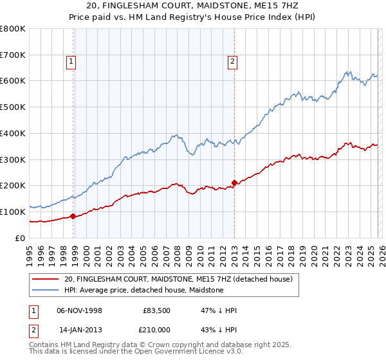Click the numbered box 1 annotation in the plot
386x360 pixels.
[71, 62]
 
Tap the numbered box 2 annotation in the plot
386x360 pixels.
[232, 62]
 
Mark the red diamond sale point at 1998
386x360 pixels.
[73, 216]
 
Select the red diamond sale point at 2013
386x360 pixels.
[234, 183]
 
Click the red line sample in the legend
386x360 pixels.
[46, 279]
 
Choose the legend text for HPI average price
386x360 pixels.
[143, 290]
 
